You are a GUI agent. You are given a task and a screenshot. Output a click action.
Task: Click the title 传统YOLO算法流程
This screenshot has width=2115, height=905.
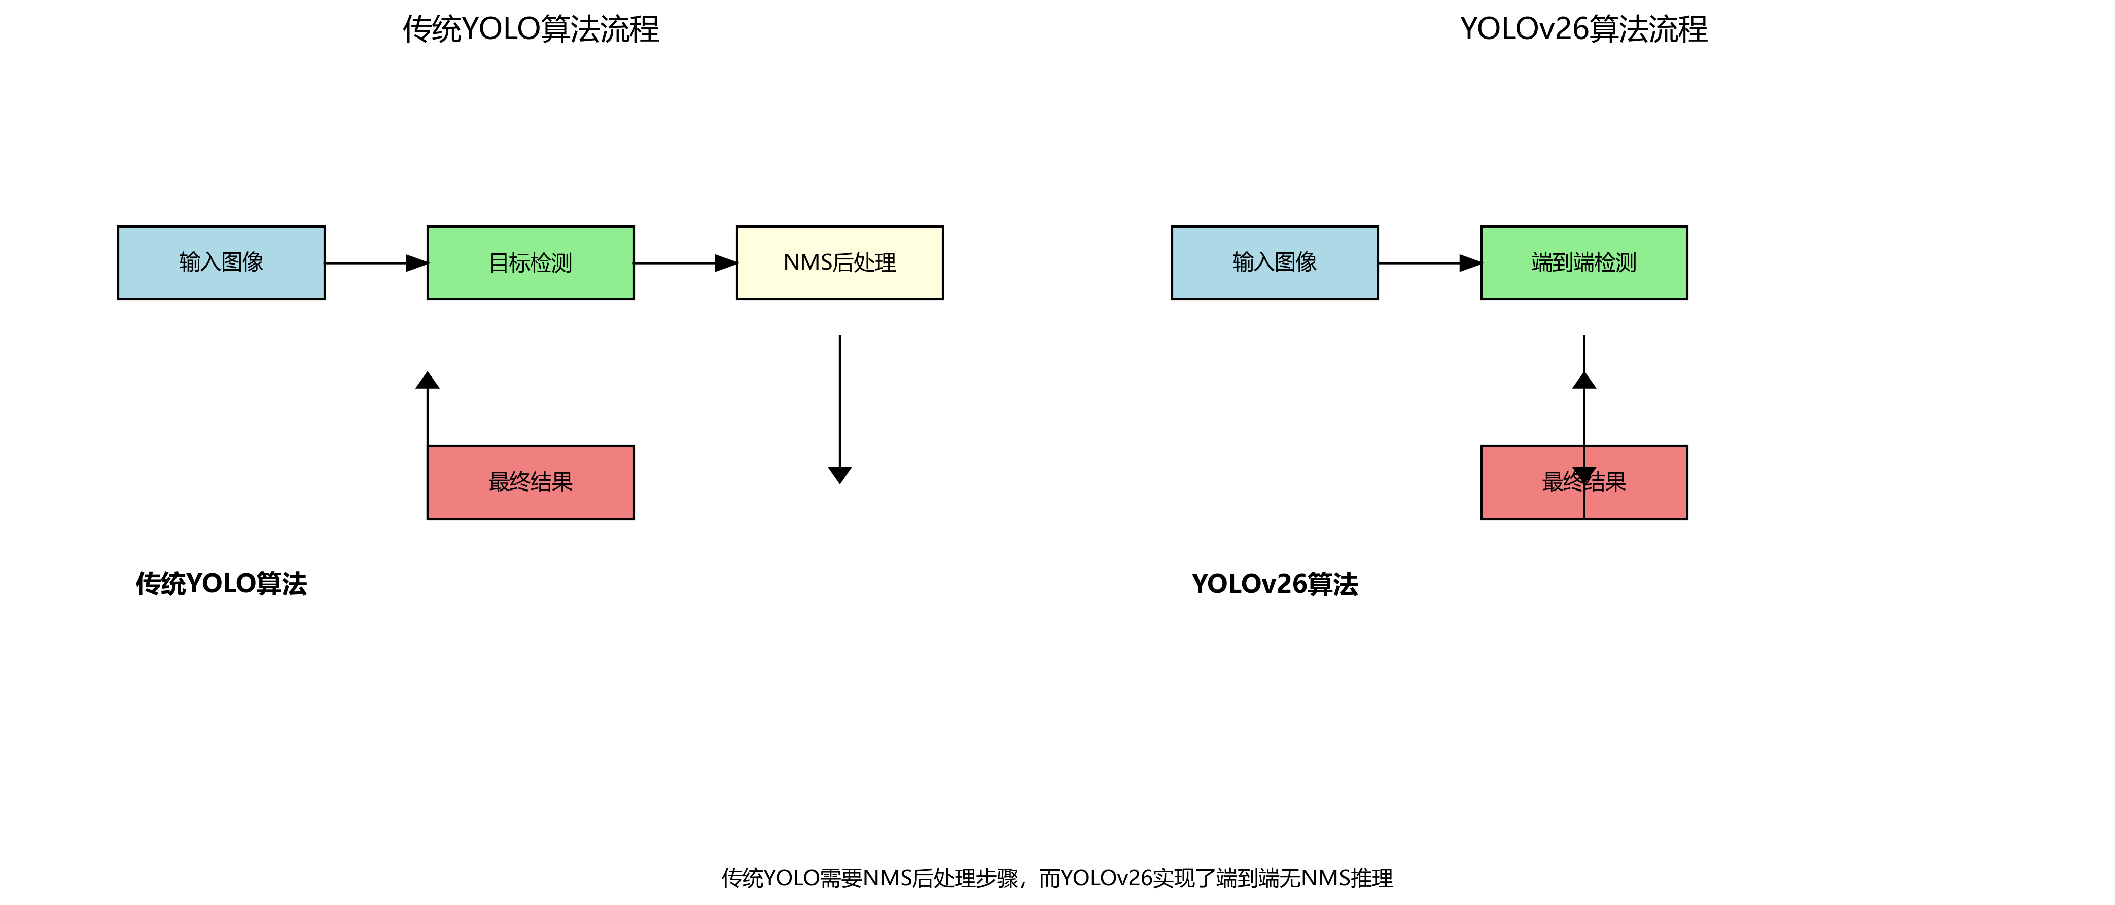[531, 29]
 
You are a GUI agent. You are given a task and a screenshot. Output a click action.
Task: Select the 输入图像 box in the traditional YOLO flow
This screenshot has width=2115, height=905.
[221, 262]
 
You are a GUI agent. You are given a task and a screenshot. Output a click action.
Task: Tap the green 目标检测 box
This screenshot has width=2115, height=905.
[531, 262]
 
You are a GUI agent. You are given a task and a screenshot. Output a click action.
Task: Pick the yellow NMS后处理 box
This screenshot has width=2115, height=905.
[839, 262]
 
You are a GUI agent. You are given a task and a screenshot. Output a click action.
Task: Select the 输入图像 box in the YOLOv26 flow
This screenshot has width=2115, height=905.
[1274, 262]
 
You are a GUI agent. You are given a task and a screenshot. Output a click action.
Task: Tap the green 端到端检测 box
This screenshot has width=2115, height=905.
[1584, 262]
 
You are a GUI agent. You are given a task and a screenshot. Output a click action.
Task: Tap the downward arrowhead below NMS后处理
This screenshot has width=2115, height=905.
[839, 474]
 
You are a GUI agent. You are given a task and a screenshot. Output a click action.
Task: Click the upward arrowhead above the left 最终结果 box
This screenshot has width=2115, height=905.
[427, 381]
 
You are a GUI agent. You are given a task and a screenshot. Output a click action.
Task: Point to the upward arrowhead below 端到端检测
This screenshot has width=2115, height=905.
[1584, 381]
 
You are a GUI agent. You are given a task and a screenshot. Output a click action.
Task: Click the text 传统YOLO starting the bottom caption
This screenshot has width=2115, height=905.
[770, 878]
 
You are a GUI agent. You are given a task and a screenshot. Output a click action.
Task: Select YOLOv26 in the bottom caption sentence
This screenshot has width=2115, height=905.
[1107, 878]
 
